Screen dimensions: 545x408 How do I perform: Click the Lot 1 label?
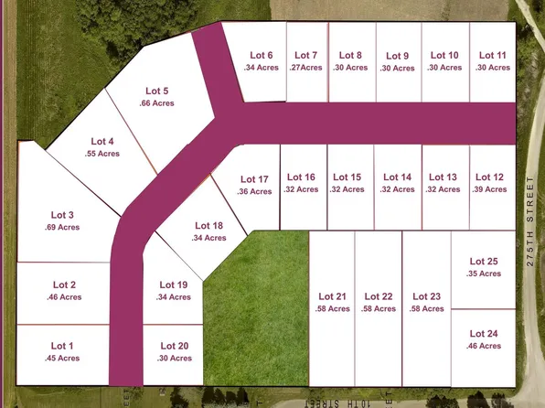[x=61, y=346]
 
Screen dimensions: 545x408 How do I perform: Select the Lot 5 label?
[x=157, y=91]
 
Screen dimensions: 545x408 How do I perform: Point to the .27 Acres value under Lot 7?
[x=307, y=68]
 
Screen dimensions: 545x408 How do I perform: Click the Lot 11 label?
[x=492, y=55]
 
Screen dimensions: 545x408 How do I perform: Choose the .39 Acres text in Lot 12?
[x=491, y=189]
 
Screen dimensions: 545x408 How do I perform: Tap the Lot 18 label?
[x=209, y=226]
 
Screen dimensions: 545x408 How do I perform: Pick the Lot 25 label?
[x=484, y=262]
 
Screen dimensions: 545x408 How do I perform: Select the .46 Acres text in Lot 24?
[x=484, y=346]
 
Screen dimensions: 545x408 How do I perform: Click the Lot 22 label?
[x=379, y=296]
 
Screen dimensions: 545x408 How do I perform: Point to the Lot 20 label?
[x=174, y=346]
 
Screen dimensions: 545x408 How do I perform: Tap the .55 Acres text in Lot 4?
[x=102, y=154]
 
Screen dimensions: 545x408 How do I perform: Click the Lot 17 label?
[x=254, y=179]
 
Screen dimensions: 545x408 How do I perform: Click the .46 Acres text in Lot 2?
[x=64, y=297]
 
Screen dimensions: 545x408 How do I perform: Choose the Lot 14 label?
[x=398, y=177]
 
